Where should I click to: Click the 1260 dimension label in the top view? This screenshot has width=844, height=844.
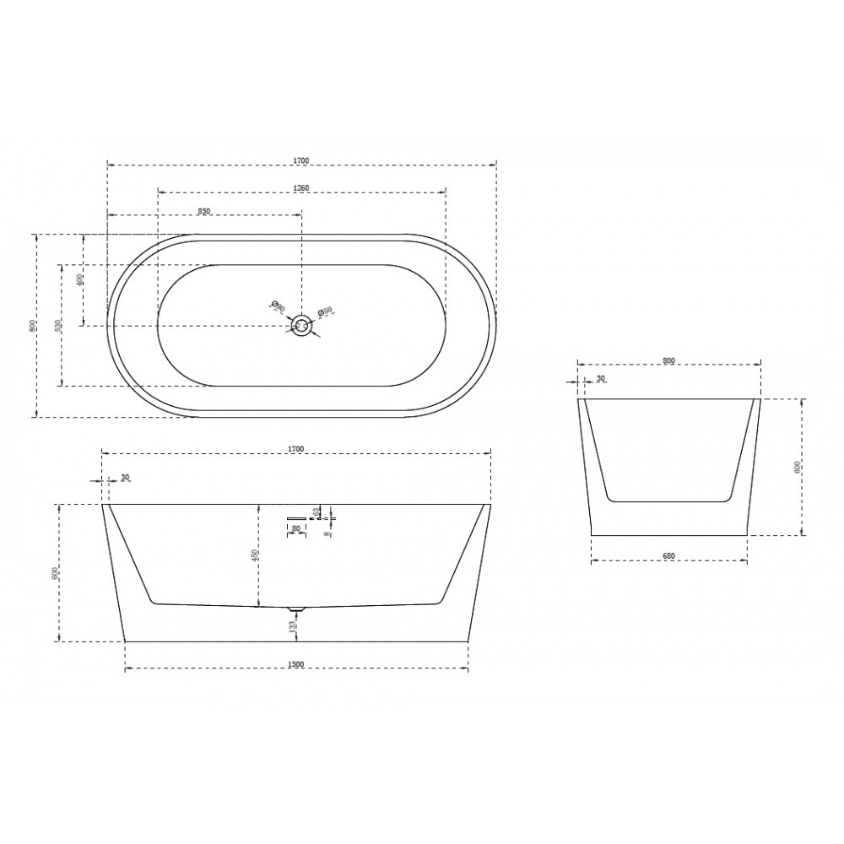pyautogui.click(x=301, y=187)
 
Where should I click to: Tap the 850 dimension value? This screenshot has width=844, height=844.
pyautogui.click(x=203, y=209)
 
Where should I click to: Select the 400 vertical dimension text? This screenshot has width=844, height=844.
pyautogui.click(x=79, y=279)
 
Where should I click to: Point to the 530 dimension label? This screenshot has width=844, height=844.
pyautogui.click(x=57, y=325)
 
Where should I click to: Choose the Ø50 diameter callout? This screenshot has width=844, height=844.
pyautogui.click(x=325, y=312)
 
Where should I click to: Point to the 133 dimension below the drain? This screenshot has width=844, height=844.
pyautogui.click(x=291, y=625)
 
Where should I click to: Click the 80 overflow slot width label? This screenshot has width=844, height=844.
pyautogui.click(x=295, y=529)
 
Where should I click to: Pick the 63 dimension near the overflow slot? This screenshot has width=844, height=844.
pyautogui.click(x=316, y=511)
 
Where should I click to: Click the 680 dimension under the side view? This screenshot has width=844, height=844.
pyautogui.click(x=669, y=556)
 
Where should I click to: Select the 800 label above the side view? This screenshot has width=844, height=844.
pyautogui.click(x=668, y=360)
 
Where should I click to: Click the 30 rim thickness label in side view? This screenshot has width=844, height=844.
pyautogui.click(x=601, y=379)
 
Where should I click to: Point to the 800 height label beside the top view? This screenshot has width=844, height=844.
pyautogui.click(x=31, y=325)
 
